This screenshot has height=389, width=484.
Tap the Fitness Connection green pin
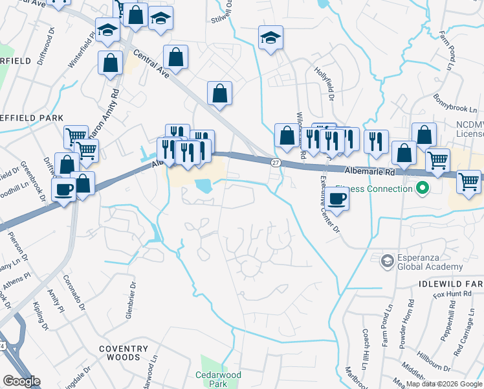[x=423, y=189]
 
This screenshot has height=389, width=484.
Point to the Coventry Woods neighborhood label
[x=120, y=353]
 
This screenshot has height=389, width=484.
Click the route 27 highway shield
[x=276, y=162]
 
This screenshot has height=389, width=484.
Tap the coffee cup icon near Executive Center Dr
[x=336, y=199]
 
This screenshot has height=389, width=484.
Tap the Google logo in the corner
[x=21, y=381]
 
